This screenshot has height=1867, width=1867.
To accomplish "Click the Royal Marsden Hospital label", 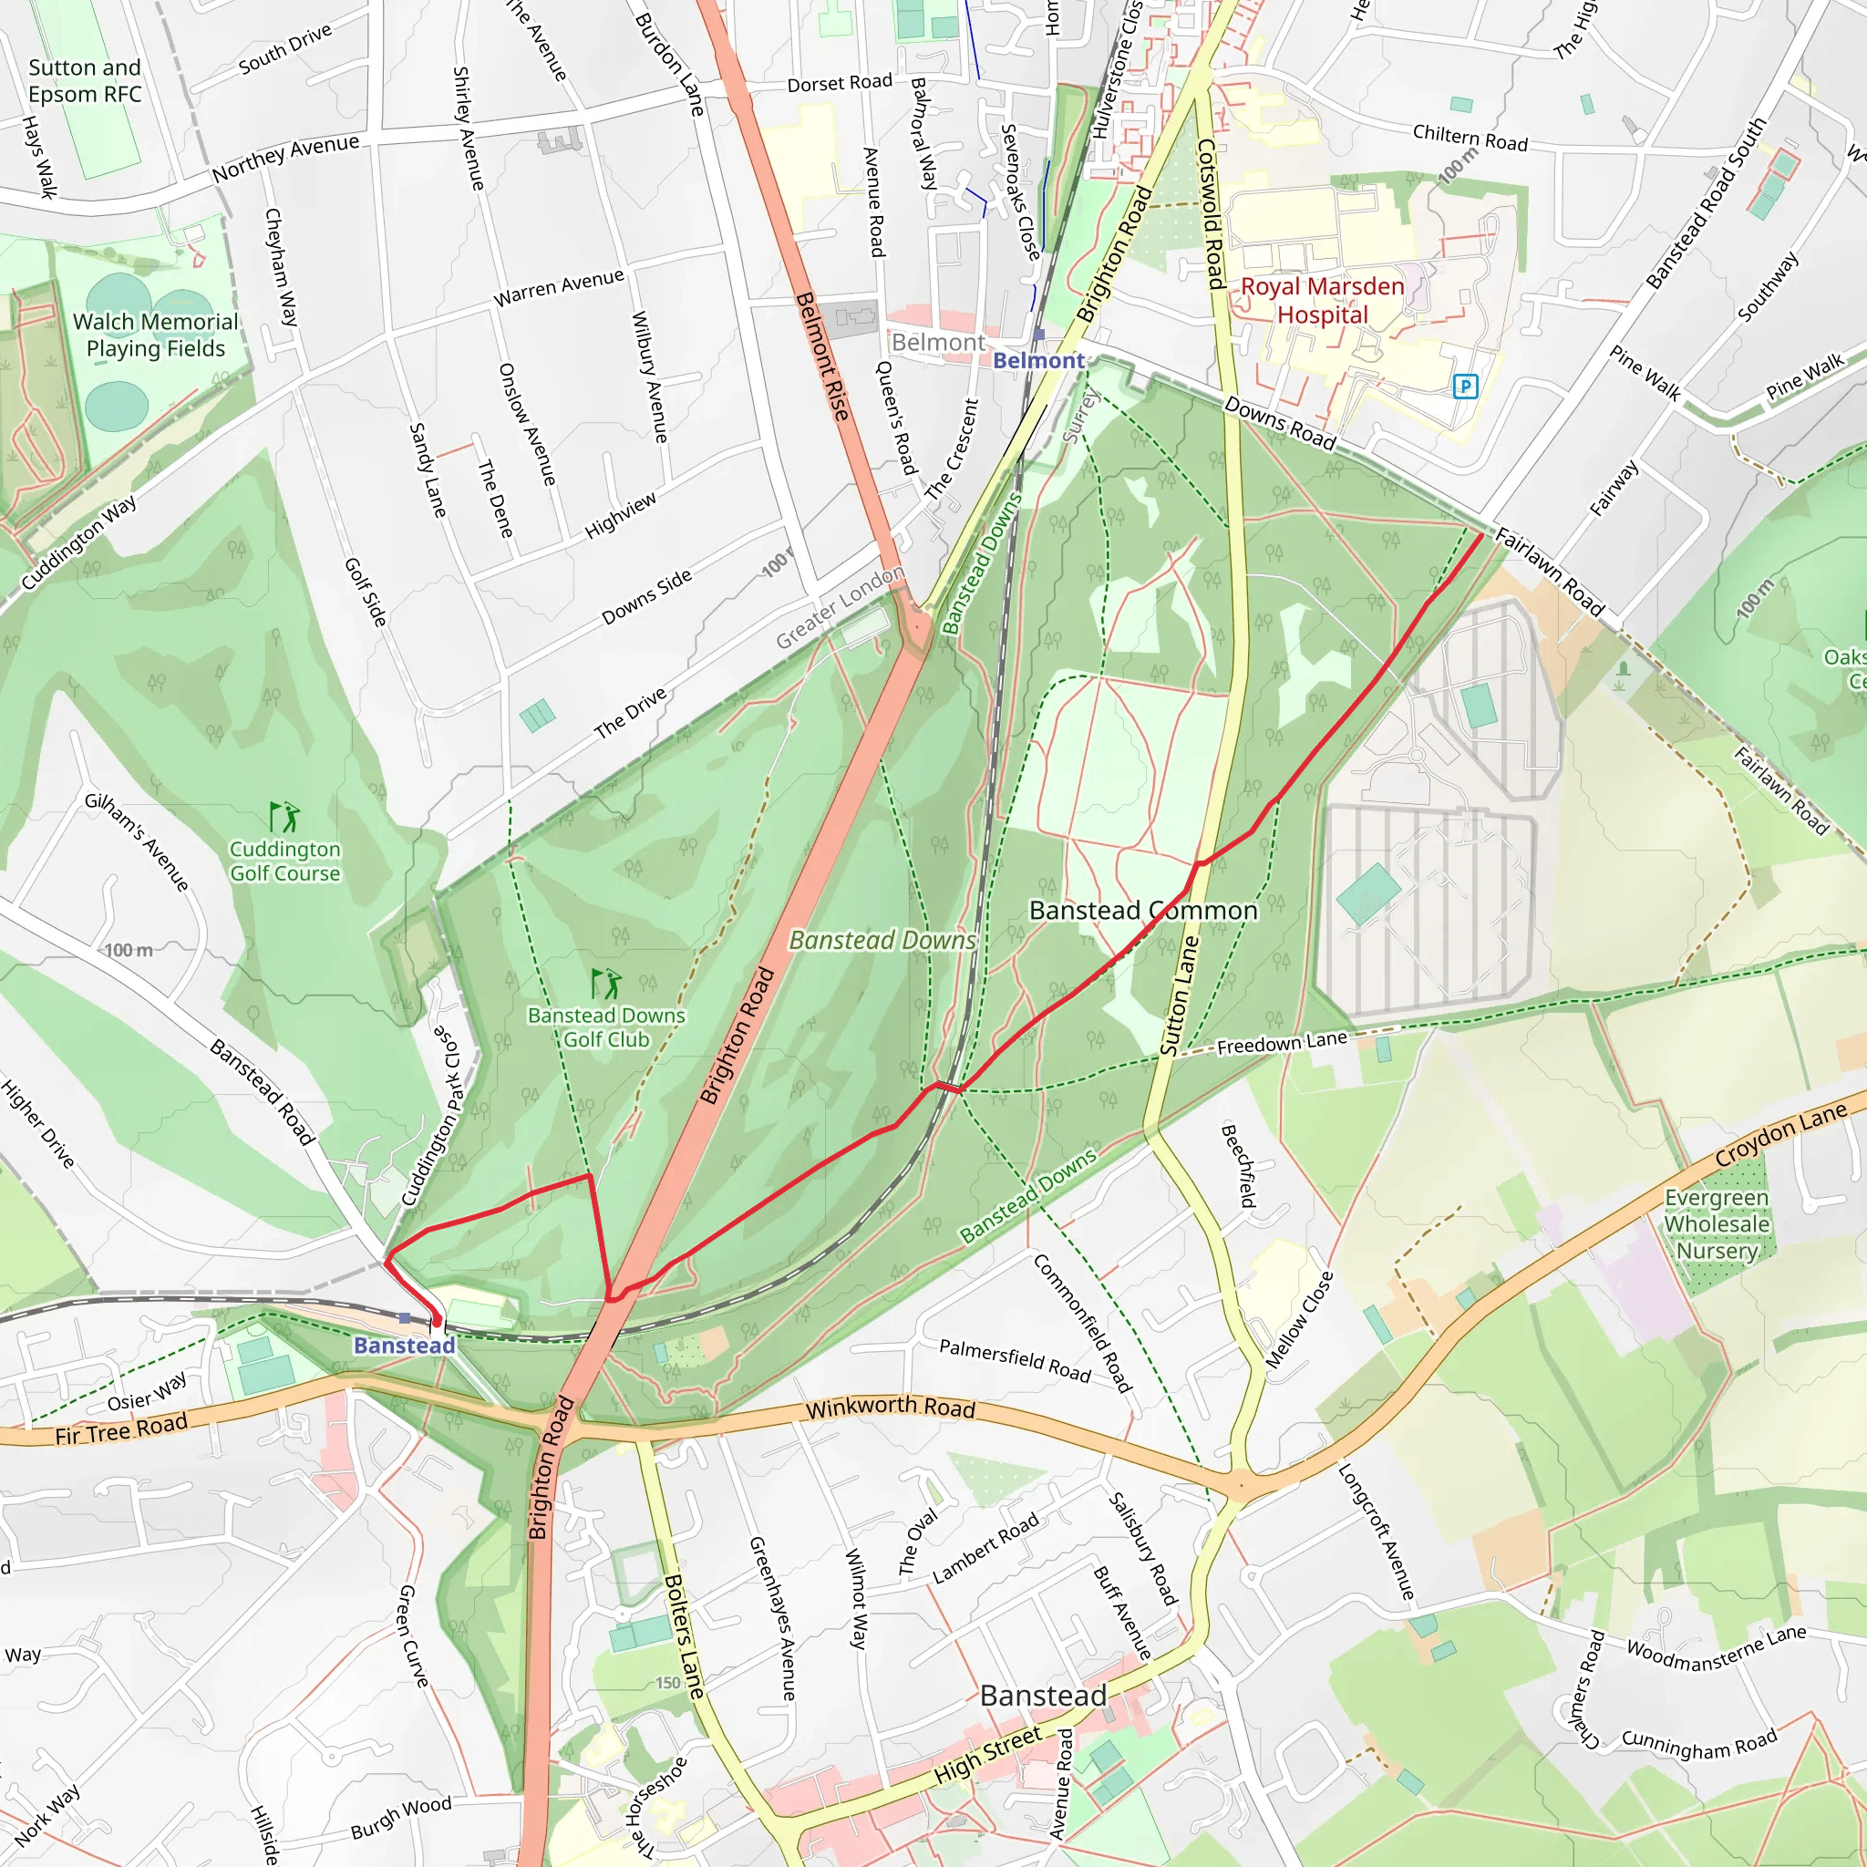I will (x=1321, y=301).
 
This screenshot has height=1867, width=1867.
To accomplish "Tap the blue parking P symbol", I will (x=1465, y=387).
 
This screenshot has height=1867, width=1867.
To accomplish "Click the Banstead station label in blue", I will (x=404, y=1346).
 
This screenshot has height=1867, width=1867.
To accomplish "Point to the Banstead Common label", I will (x=1142, y=911).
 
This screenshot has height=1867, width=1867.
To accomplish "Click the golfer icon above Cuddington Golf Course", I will (x=284, y=817).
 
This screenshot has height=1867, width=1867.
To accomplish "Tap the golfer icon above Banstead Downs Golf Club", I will (x=606, y=984).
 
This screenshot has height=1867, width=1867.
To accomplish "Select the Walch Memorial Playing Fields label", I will (x=156, y=335).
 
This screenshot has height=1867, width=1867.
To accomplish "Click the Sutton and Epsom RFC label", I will (x=84, y=81).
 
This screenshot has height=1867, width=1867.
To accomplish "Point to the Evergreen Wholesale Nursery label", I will (x=1717, y=1223).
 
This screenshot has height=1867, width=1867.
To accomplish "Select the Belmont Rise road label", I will (x=821, y=356).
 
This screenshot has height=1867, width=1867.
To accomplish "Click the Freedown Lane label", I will (x=1281, y=1043).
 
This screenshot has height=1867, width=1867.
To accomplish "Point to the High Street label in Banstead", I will (x=987, y=1755).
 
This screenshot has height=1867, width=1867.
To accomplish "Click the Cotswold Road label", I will (x=1210, y=213).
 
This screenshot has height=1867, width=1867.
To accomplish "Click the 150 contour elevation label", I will (x=667, y=1683).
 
